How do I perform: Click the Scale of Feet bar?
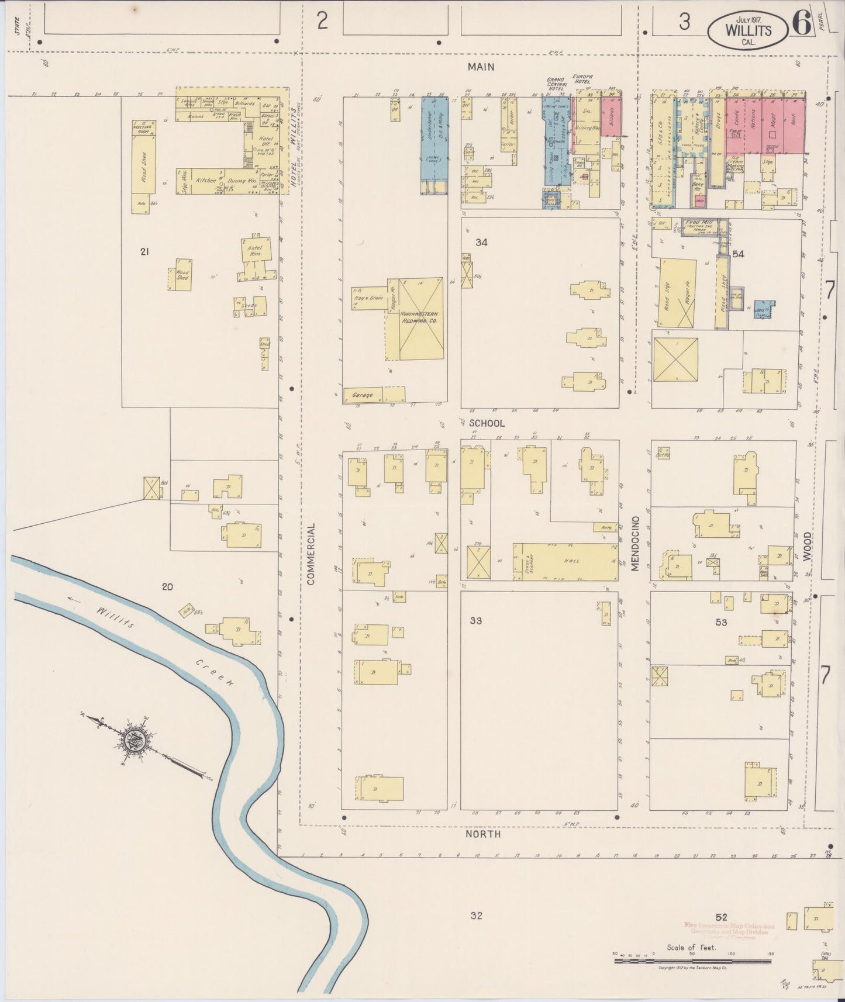693,960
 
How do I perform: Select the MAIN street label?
481,67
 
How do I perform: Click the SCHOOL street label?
486,423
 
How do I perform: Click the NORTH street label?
482,834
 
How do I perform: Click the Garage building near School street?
363,395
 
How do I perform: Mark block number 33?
476,621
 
